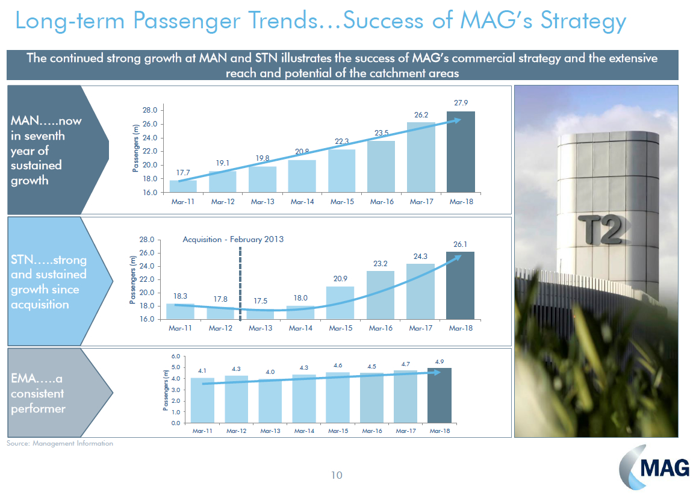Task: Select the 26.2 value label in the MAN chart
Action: [421, 115]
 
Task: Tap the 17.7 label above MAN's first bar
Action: [182, 172]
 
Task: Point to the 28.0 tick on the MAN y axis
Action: [150, 110]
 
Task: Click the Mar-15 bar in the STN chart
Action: [340, 302]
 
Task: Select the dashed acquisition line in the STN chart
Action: [240, 283]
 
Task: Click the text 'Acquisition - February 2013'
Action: [233, 239]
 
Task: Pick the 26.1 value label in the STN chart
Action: [461, 244]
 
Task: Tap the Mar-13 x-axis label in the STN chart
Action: [261, 328]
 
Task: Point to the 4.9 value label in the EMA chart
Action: [439, 361]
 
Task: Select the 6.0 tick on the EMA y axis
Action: [175, 356]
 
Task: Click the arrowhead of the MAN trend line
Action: [458, 120]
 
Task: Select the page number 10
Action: [336, 476]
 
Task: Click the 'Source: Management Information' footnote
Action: [60, 443]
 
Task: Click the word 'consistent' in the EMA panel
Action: [37, 394]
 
